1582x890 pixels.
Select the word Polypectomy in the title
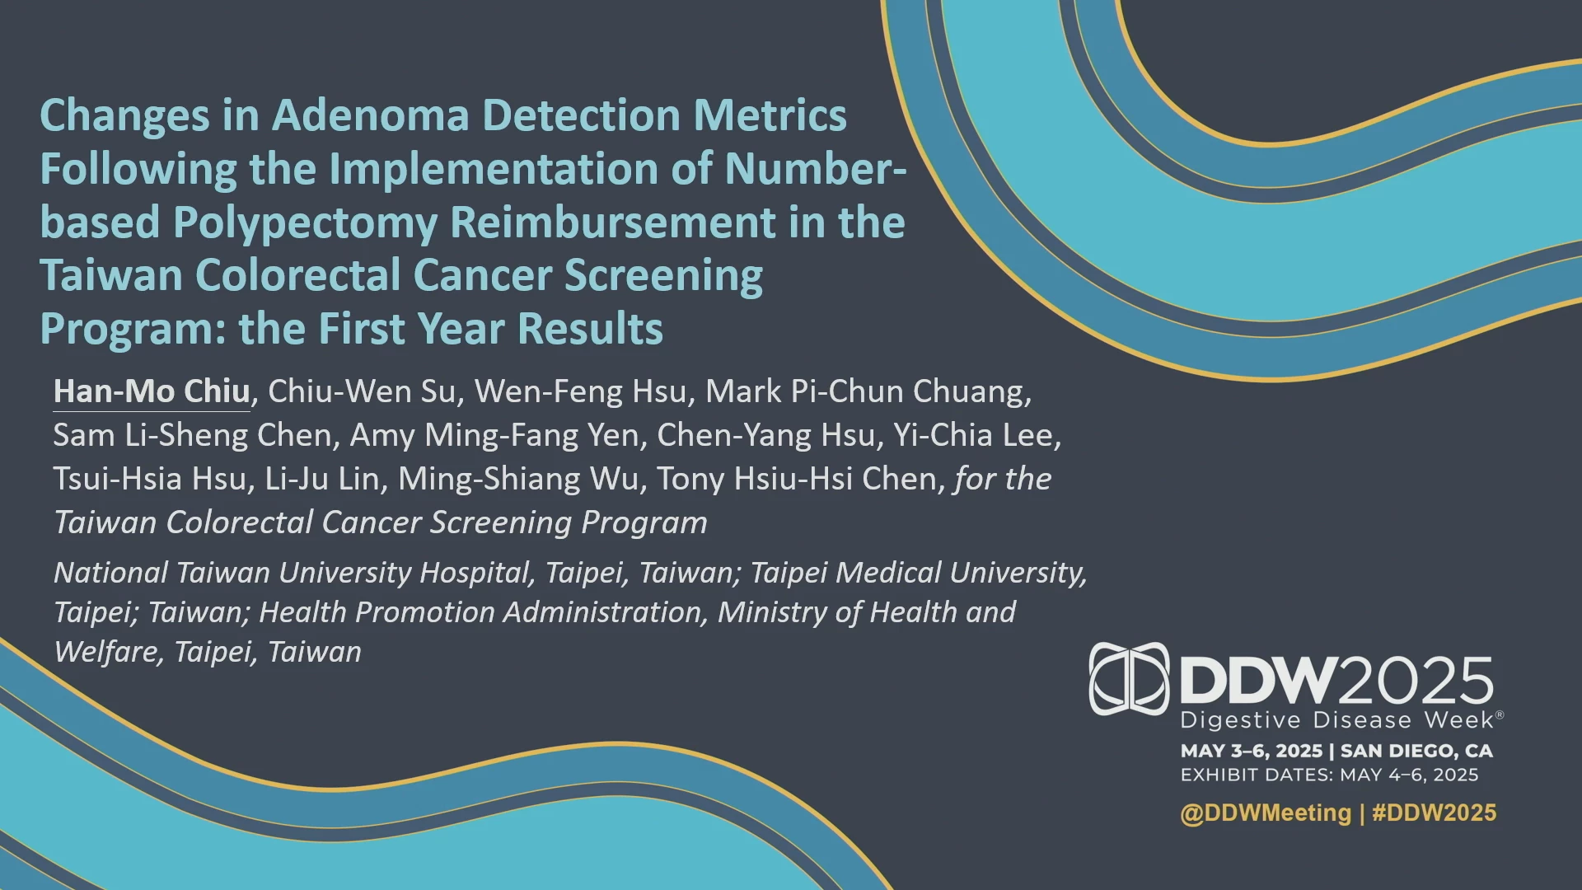305,223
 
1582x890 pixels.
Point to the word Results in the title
590,328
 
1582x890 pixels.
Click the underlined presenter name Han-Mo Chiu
152,391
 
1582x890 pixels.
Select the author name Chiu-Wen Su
363,391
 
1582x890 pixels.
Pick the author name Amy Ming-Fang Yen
494,435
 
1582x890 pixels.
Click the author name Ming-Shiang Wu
518,479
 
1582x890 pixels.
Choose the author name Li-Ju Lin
322,479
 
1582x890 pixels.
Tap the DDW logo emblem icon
1129,678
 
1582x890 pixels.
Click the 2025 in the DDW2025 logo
1414,682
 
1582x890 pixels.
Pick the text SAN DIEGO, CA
1416,752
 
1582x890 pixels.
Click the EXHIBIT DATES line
1329,775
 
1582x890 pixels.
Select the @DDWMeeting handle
1266,813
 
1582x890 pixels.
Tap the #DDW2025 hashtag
1434,813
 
